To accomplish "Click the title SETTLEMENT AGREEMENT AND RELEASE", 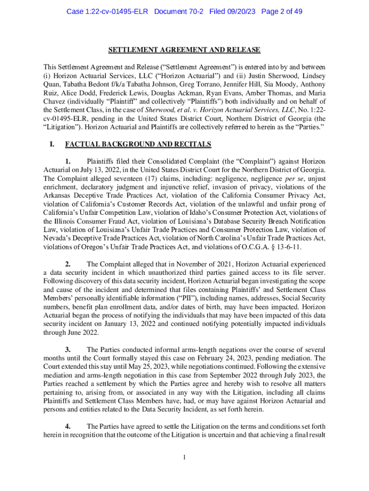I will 184,50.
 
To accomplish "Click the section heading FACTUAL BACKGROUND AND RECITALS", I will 138,144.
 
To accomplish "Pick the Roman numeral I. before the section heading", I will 46,144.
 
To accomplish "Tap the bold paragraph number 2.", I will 68,264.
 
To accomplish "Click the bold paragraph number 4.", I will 68,426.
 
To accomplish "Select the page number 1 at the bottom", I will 184,457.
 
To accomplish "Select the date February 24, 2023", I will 233,358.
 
